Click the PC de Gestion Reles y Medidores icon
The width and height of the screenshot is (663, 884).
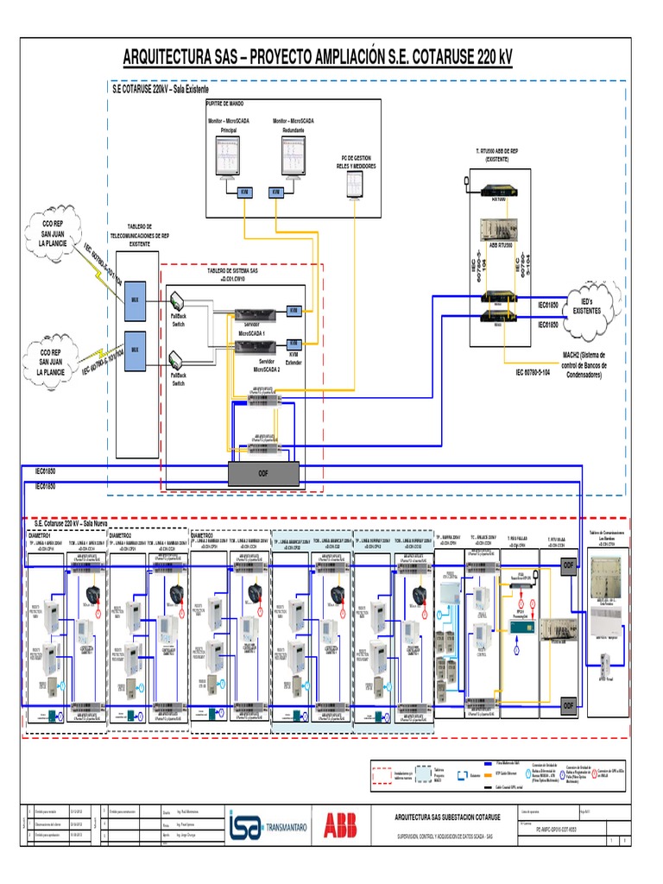tap(355, 183)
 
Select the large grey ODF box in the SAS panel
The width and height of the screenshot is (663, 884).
tap(263, 473)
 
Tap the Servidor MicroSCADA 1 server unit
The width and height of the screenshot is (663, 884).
tap(257, 313)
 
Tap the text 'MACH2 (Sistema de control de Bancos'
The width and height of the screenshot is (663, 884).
tap(584, 355)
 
